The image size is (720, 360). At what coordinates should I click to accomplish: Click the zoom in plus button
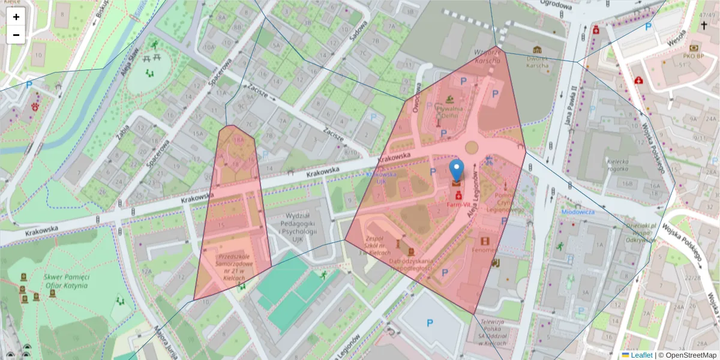[16, 17]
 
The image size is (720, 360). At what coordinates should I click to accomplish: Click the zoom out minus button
[16, 35]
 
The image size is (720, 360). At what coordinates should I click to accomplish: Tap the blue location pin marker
[457, 170]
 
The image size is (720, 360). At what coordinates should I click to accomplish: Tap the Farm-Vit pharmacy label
[458, 205]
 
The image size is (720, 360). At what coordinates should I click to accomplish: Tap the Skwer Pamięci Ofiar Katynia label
[66, 281]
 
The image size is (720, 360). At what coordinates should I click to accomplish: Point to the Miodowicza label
[578, 212]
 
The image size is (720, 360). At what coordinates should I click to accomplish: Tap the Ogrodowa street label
[556, 5]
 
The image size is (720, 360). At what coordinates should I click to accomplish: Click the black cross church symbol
[703, 26]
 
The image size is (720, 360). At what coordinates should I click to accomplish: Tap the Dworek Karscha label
[537, 62]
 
